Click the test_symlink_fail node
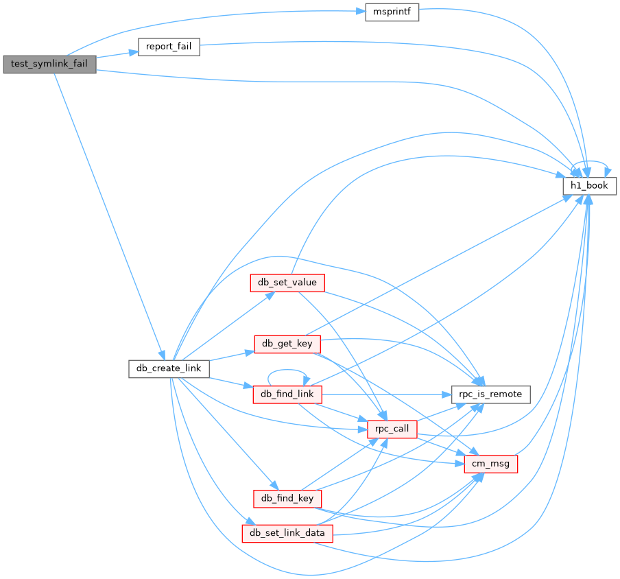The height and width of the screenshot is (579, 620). [x=49, y=64]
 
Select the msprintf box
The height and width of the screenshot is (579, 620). [x=392, y=12]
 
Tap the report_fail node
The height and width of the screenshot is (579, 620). [x=169, y=47]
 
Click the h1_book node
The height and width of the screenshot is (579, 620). [x=590, y=185]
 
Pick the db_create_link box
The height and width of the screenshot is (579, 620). [x=169, y=368]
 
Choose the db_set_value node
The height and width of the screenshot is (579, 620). [x=286, y=283]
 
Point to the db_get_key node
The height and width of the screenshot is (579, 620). [x=287, y=344]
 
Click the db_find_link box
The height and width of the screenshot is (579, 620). [x=287, y=394]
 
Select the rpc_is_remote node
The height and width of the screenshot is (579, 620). [x=490, y=394]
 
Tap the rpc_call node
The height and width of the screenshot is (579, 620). [x=392, y=429]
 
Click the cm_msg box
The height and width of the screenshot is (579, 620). [x=490, y=464]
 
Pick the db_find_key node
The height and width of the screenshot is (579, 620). [x=287, y=498]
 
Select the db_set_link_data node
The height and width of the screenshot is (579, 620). [x=287, y=533]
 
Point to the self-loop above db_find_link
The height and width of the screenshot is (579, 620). [x=287, y=372]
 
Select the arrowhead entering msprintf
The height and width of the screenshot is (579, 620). [x=359, y=13]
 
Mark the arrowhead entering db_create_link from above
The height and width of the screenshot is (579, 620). [x=160, y=355]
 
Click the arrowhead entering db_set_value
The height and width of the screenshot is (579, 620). [x=270, y=294]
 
